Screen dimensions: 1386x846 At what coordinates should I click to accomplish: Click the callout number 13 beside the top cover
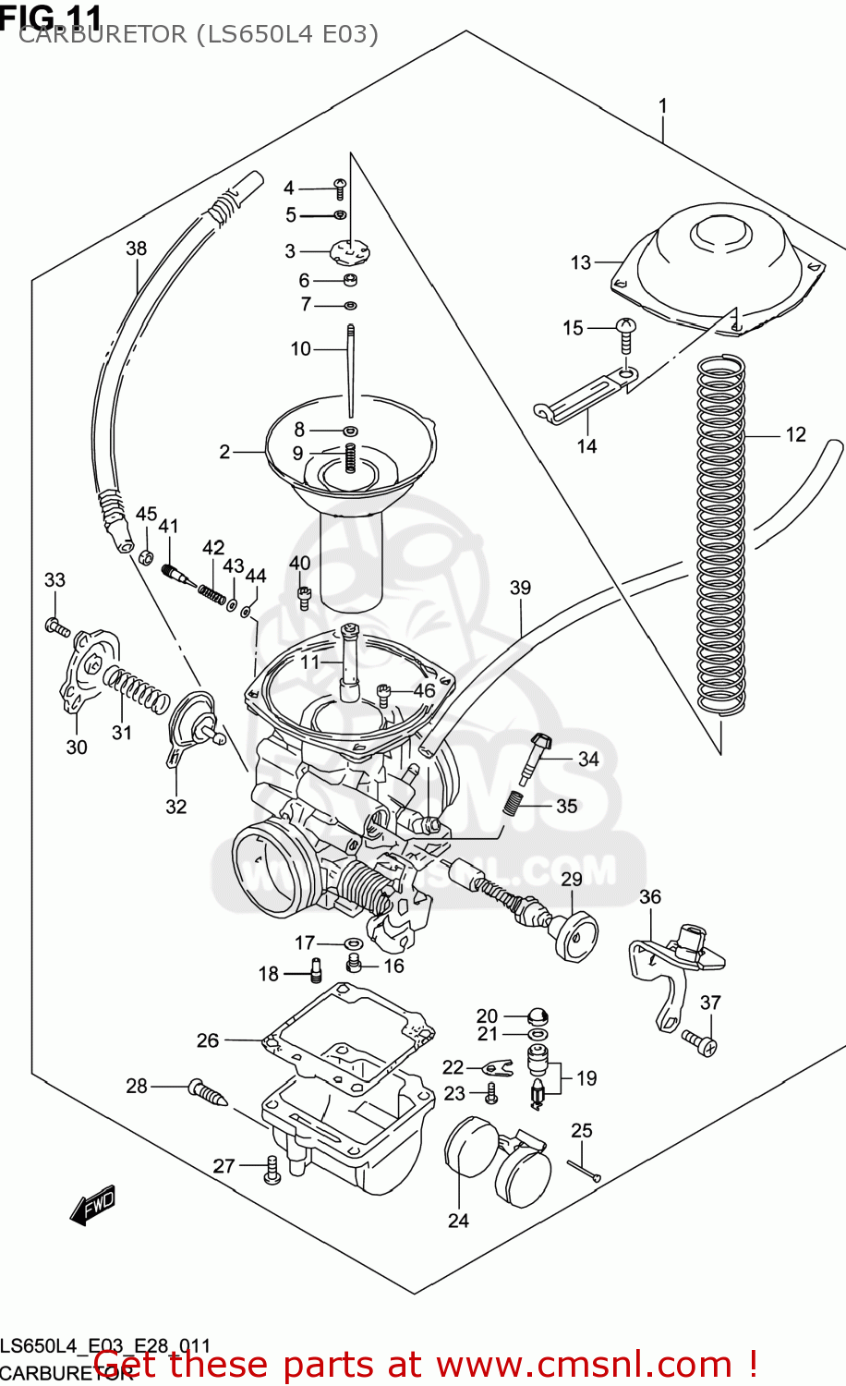(580, 262)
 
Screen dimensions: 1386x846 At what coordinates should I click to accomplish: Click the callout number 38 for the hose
(136, 249)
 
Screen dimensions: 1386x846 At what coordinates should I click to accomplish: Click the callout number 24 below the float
(458, 1221)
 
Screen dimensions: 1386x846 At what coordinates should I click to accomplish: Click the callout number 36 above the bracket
(650, 897)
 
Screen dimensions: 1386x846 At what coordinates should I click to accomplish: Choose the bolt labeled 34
(535, 758)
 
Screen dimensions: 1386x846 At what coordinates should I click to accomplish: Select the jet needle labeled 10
(351, 370)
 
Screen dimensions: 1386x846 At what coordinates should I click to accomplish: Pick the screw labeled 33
(56, 627)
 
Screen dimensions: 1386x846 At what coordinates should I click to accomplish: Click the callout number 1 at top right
(662, 106)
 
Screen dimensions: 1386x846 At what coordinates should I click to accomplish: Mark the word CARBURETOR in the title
(101, 35)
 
